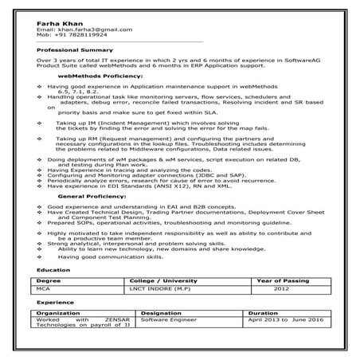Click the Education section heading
tap(52, 271)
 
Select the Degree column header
tap(49, 281)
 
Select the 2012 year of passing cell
tap(275, 290)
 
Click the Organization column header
tap(59, 313)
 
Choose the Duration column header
tap(264, 313)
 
